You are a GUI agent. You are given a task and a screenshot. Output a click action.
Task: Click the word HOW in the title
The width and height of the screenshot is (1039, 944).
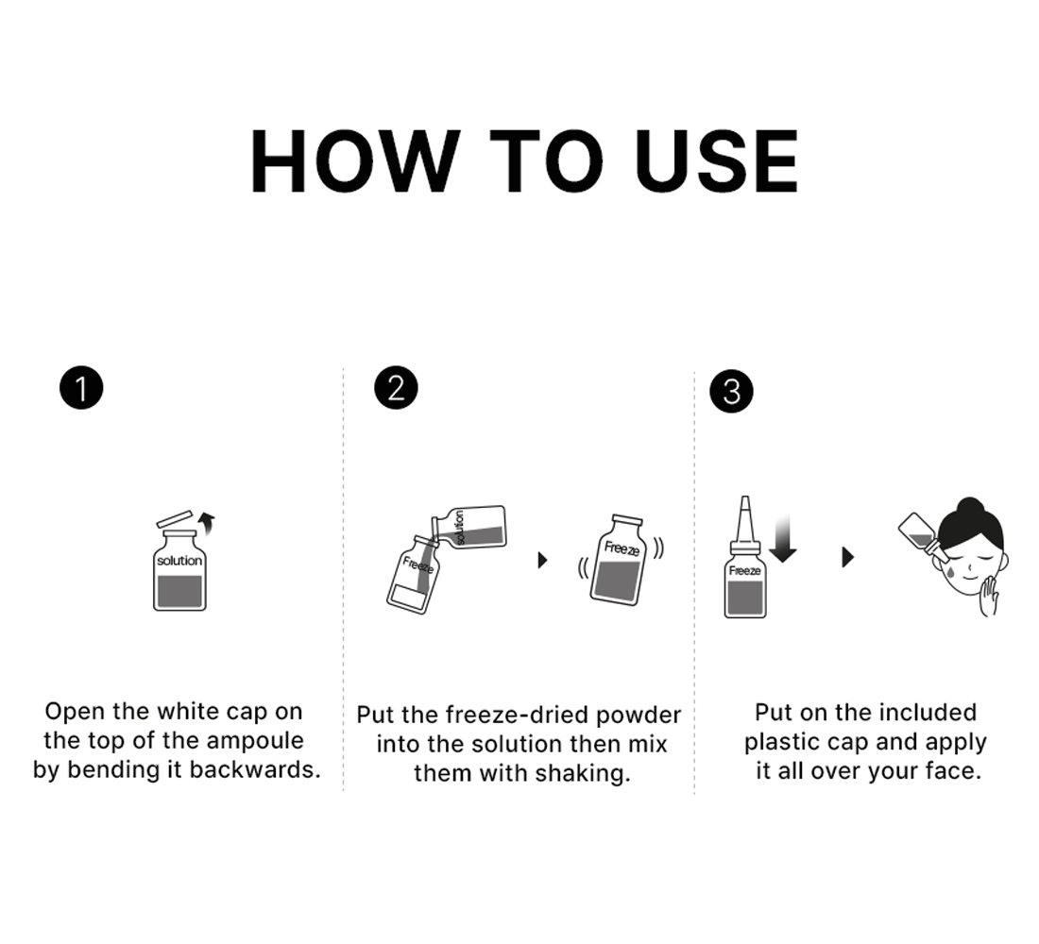click(x=355, y=161)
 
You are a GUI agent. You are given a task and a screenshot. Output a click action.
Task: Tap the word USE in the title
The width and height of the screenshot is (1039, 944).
click(x=716, y=161)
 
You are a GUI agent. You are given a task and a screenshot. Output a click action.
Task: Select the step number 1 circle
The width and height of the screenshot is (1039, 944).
click(x=81, y=388)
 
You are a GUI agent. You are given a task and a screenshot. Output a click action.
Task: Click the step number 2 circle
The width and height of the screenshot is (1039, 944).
click(x=397, y=388)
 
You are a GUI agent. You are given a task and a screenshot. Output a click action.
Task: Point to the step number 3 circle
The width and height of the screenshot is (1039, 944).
click(x=731, y=392)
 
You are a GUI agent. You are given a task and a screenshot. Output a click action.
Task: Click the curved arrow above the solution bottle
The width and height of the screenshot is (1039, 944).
click(x=208, y=523)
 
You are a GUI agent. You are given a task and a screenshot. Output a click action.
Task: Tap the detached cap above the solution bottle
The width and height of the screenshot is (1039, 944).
click(x=175, y=518)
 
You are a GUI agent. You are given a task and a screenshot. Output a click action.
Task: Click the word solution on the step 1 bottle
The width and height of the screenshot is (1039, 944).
click(x=179, y=561)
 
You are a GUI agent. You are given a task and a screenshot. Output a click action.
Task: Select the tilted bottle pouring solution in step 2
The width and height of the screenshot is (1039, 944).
click(x=469, y=528)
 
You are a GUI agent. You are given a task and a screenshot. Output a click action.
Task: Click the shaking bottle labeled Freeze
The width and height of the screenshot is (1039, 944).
click(x=619, y=560)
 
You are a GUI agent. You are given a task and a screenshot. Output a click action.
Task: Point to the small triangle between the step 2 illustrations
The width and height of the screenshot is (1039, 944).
click(x=543, y=560)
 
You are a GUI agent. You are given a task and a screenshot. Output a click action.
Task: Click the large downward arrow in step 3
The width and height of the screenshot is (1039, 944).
click(x=783, y=539)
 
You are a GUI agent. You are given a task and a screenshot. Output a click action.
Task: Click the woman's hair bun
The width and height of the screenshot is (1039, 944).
click(x=970, y=507)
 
